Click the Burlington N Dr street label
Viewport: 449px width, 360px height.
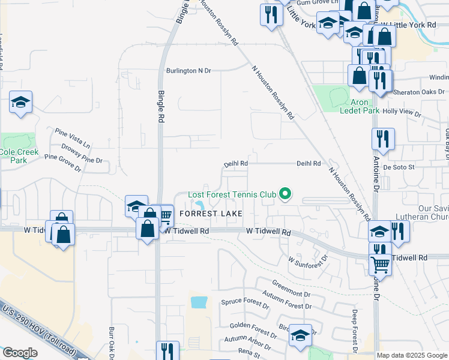pyautogui.click(x=189, y=71)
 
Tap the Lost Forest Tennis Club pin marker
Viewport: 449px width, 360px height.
pyautogui.click(x=286, y=194)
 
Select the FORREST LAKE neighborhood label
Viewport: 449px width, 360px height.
pyautogui.click(x=211, y=214)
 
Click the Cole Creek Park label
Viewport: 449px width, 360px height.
pyautogui.click(x=19, y=156)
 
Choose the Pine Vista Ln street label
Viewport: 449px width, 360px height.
pyautogui.click(x=72, y=137)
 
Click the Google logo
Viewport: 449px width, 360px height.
pyautogui.click(x=19, y=353)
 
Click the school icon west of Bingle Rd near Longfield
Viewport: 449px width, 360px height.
pyautogui.click(x=20, y=103)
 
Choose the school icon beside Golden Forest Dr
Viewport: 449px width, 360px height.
pyautogui.click(x=300, y=336)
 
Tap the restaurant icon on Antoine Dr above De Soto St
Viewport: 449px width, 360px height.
pyautogui.click(x=382, y=140)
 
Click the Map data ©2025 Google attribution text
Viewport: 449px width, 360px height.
pyautogui.click(x=411, y=355)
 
